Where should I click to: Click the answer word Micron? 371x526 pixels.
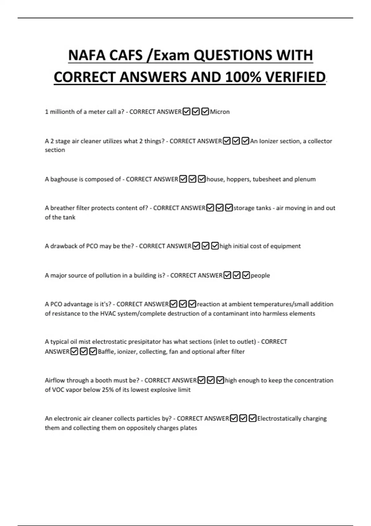tap(220, 112)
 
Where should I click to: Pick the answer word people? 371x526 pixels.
tap(260, 275)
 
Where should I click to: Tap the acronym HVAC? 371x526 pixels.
tap(108, 313)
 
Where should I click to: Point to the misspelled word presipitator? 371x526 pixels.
tap(145, 342)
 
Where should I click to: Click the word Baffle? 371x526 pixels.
tap(106, 351)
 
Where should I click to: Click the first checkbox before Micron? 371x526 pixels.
tap(186, 111)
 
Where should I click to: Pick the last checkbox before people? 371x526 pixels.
tap(246, 275)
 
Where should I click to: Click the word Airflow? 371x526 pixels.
tap(55, 380)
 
